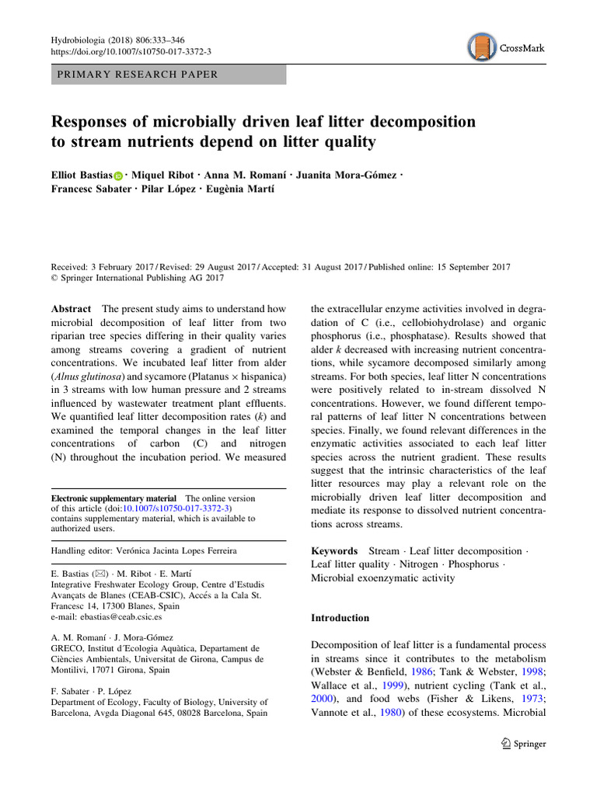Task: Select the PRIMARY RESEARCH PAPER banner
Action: coord(168,75)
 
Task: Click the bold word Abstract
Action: coord(71,308)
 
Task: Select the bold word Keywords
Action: coord(334,550)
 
